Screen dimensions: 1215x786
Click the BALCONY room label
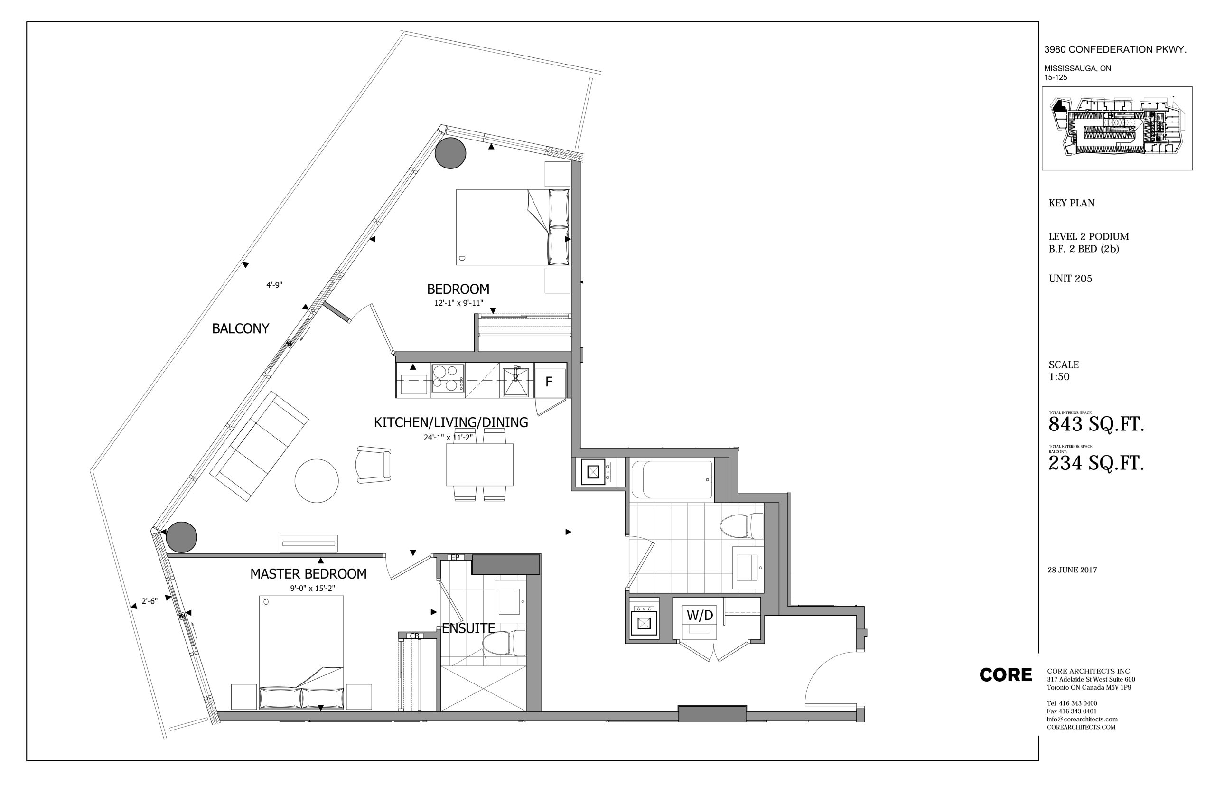click(x=240, y=329)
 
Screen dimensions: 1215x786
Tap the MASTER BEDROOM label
click(x=308, y=574)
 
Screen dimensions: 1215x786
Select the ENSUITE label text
click(x=468, y=628)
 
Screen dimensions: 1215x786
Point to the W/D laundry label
click(x=700, y=615)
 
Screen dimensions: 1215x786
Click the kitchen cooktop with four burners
click(x=448, y=378)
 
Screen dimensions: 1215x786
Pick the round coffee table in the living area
click(x=317, y=481)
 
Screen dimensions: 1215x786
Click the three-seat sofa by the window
click(x=260, y=446)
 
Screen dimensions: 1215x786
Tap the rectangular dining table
click(x=480, y=465)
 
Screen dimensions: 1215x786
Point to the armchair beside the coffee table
click(x=374, y=465)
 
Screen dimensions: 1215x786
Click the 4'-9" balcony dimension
click(x=274, y=285)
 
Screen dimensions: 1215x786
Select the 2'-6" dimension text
click(x=150, y=601)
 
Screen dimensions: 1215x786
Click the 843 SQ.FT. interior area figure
click(x=1095, y=425)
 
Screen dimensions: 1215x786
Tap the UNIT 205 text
click(x=1070, y=279)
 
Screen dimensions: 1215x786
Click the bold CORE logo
click(x=1005, y=675)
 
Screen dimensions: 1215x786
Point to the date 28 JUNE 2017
click(x=1072, y=570)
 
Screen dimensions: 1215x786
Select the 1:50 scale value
click(x=1059, y=377)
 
